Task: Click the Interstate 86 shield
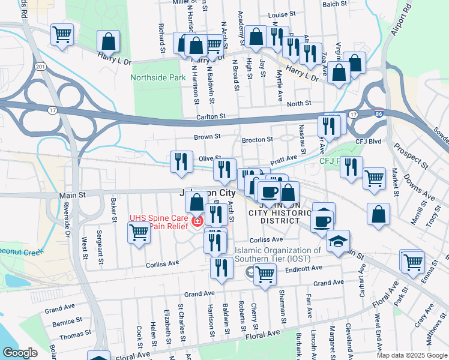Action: pyautogui.click(x=377, y=113)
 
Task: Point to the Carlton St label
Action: pyautogui.click(x=210, y=116)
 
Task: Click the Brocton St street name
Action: pyautogui.click(x=257, y=140)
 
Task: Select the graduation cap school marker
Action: pyautogui.click(x=339, y=242)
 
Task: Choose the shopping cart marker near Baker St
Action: pyautogui.click(x=139, y=232)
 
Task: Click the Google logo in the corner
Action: pyautogui.click(x=20, y=353)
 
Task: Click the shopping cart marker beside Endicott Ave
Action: pyautogui.click(x=265, y=274)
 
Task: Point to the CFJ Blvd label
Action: pyautogui.click(x=369, y=142)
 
